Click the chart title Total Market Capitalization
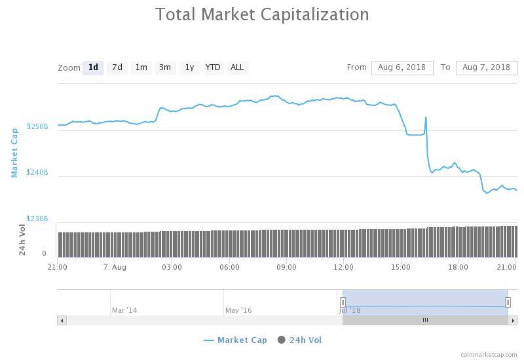[x=262, y=14]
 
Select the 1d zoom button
[x=93, y=67]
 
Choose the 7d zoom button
[x=117, y=67]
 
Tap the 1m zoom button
[x=141, y=67]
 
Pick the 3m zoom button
[x=165, y=67]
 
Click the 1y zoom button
[x=189, y=67]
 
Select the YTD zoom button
[x=213, y=67]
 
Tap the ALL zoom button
[x=237, y=67]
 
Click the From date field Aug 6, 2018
[x=402, y=67]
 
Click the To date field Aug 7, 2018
[x=486, y=67]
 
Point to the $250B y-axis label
[x=37, y=126]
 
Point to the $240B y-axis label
[x=37, y=172]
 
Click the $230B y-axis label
[x=37, y=219]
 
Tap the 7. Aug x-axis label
[x=115, y=267]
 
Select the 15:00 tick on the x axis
[x=401, y=267]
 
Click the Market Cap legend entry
[x=236, y=340]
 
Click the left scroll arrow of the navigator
[x=62, y=320]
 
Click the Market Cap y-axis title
[x=14, y=153]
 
